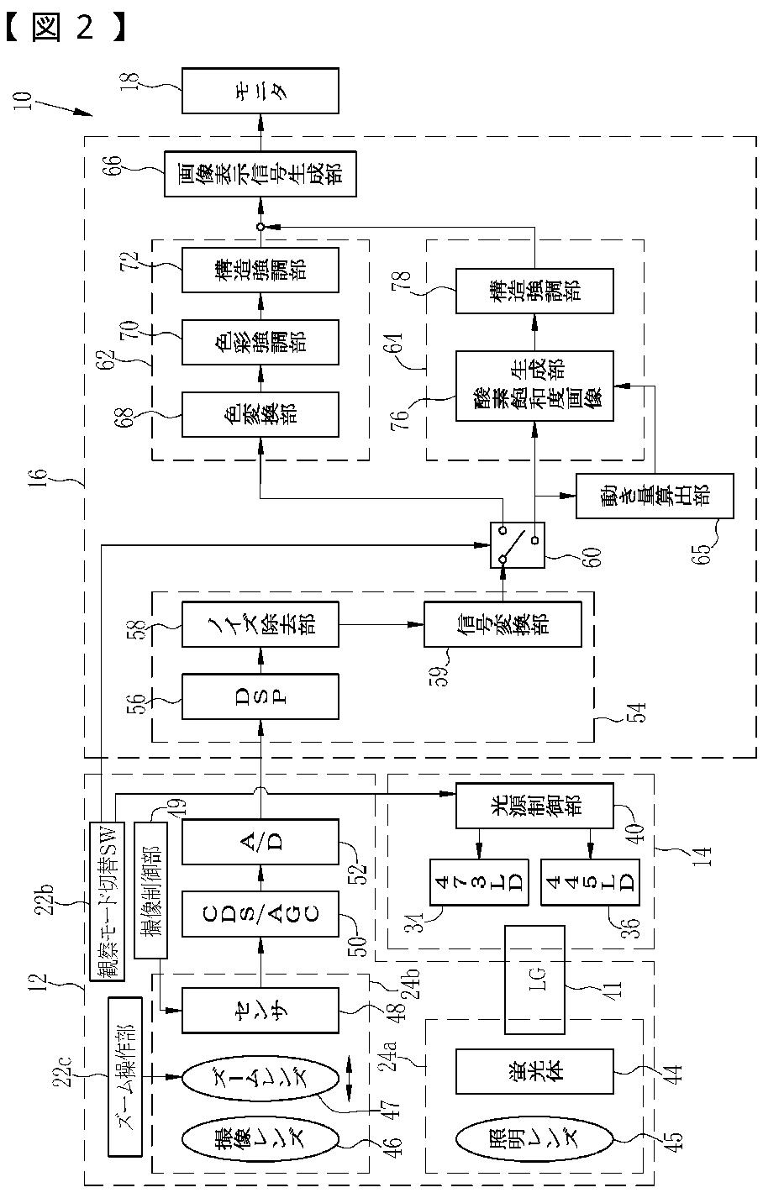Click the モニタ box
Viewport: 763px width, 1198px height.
(260, 91)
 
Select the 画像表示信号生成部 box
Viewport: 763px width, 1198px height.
(260, 174)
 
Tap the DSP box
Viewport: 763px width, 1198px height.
(260, 696)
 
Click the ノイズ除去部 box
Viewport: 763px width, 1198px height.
(260, 624)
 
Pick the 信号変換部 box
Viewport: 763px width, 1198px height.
(503, 624)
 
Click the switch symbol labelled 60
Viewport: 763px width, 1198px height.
(518, 545)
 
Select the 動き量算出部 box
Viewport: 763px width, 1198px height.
(655, 496)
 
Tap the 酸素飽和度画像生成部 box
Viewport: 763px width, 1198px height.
(534, 386)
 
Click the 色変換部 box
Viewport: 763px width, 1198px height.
(260, 414)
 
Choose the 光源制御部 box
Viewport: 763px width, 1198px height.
(534, 807)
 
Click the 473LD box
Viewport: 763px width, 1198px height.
(480, 882)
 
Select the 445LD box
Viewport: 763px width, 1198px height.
(590, 882)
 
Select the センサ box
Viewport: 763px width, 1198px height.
(260, 1010)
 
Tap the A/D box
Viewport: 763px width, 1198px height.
(260, 841)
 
